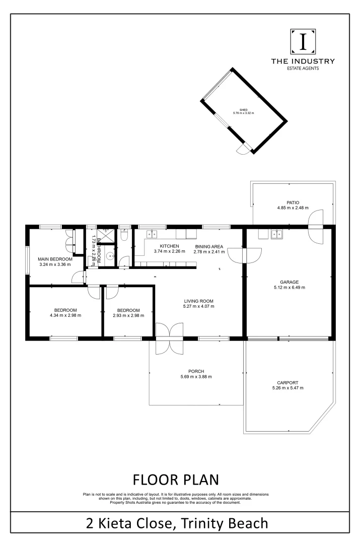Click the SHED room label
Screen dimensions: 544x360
(243, 109)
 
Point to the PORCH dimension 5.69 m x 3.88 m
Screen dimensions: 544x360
(196, 377)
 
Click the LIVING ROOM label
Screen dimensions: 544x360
(199, 300)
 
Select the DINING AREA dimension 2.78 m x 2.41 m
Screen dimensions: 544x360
(208, 252)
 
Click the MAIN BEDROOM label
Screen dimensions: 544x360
(55, 259)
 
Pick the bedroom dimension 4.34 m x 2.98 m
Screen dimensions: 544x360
(65, 315)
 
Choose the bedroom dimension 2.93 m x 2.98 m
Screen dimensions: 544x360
(128, 315)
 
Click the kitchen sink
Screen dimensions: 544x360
(152, 234)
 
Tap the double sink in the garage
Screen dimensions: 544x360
(276, 234)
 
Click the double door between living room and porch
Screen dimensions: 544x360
(169, 338)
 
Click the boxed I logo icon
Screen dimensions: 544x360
(303, 42)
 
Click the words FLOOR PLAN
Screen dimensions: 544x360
(176, 479)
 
